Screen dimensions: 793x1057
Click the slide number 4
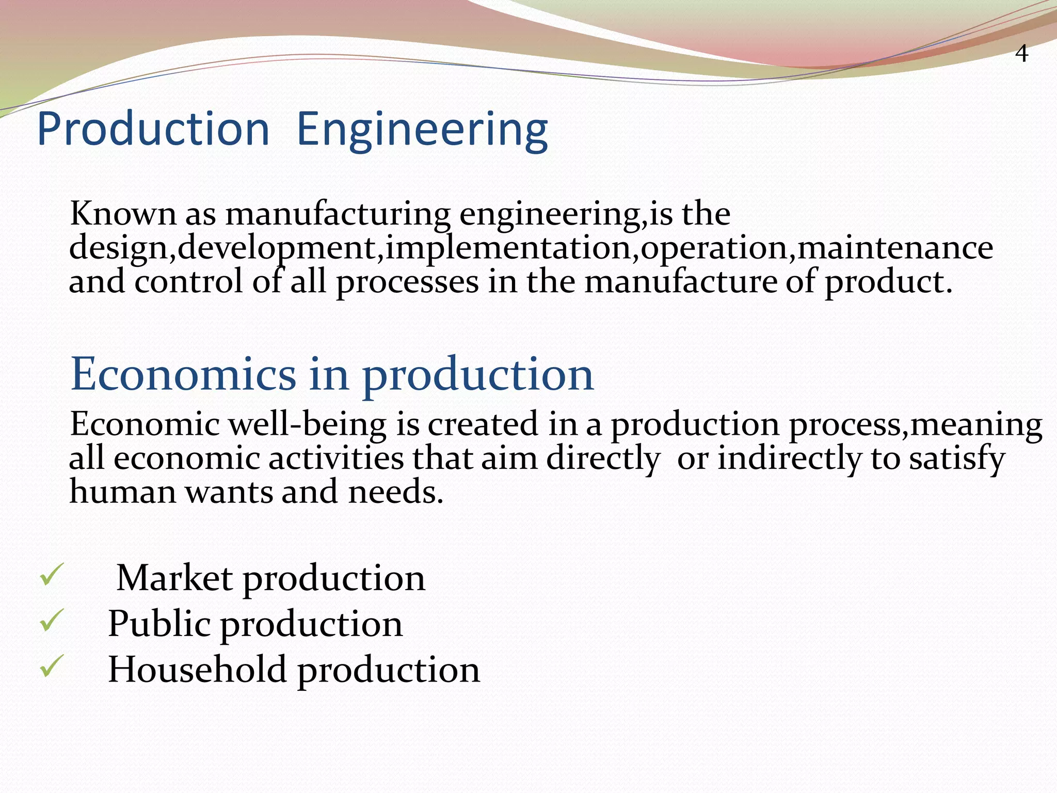[x=1021, y=54]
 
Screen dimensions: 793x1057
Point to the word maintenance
[x=895, y=248]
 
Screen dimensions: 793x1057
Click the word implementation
[x=508, y=248]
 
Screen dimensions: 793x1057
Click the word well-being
[x=307, y=424]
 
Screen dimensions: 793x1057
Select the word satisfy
[x=956, y=458]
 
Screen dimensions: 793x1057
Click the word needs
[x=395, y=493]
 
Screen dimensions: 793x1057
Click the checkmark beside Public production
[x=52, y=620]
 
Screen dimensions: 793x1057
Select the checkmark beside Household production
[x=52, y=665]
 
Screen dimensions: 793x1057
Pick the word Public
[x=158, y=624]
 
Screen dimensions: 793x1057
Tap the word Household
[x=197, y=670]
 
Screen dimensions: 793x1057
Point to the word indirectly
[x=790, y=458]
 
